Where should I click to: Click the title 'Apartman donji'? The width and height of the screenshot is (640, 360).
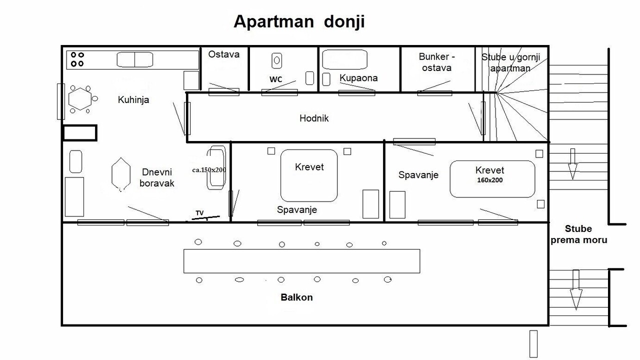tap(299, 22)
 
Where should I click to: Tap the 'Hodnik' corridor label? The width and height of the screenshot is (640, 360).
tap(314, 118)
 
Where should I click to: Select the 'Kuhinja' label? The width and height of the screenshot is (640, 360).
tap(133, 100)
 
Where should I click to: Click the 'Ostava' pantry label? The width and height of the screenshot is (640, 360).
tap(223, 54)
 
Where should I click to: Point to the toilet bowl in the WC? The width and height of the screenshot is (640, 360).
tap(276, 60)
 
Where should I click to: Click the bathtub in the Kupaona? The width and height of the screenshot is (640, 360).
tap(344, 59)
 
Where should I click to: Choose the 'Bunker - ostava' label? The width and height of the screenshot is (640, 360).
tap(436, 62)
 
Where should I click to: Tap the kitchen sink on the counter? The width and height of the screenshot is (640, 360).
tap(135, 59)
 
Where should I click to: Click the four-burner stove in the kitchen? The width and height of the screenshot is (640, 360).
tap(77, 59)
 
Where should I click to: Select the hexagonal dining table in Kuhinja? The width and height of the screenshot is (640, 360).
tap(80, 99)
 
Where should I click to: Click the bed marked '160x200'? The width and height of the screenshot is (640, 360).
tap(492, 179)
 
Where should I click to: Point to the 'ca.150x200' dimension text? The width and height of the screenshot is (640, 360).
tap(209, 170)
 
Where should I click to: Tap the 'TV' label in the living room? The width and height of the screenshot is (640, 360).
tap(199, 213)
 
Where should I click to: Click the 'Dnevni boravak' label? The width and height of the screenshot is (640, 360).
tap(157, 177)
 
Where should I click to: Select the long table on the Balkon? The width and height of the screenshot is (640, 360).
tap(301, 261)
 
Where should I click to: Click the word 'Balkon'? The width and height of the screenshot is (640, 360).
tap(296, 297)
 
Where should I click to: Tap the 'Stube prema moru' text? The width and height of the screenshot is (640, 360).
tap(578, 234)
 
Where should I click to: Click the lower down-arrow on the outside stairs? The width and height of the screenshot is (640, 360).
tap(576, 290)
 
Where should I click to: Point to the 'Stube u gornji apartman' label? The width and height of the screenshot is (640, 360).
tap(510, 62)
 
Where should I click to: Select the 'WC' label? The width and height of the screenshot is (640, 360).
tap(275, 79)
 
